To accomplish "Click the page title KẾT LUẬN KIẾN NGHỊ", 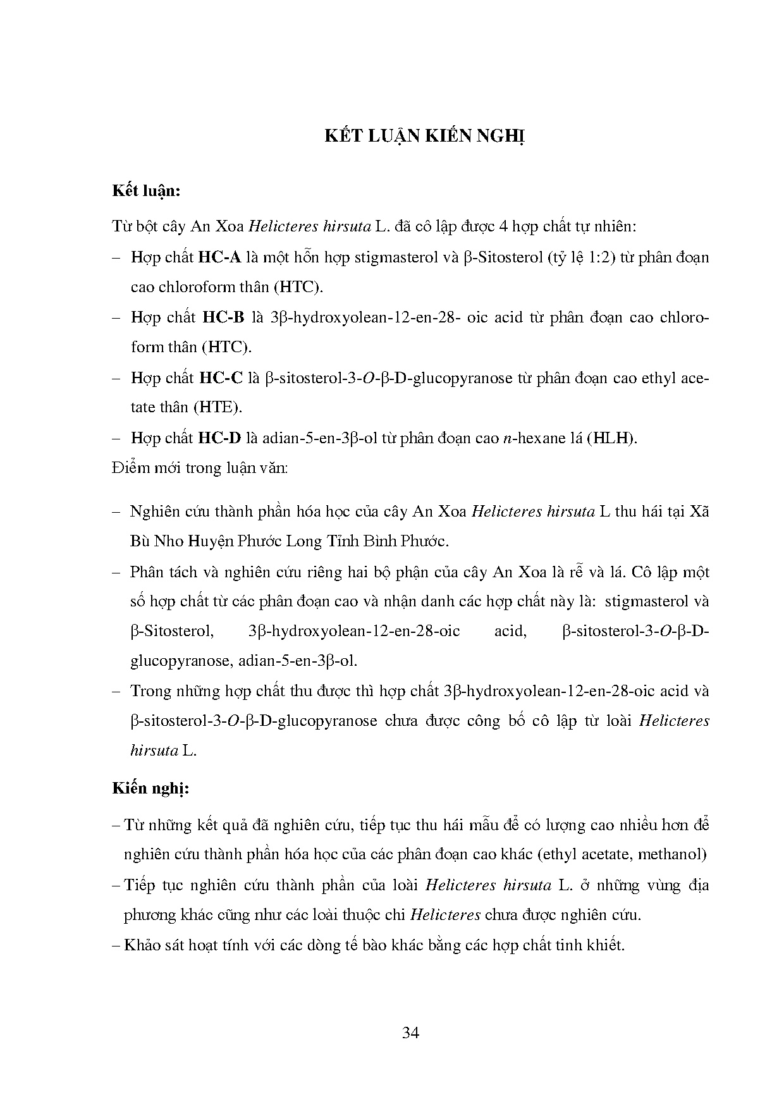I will point(425,137).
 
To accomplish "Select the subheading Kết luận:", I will point(146,191).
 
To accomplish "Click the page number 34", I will point(410,1032).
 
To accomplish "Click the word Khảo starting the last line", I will point(142,945).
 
